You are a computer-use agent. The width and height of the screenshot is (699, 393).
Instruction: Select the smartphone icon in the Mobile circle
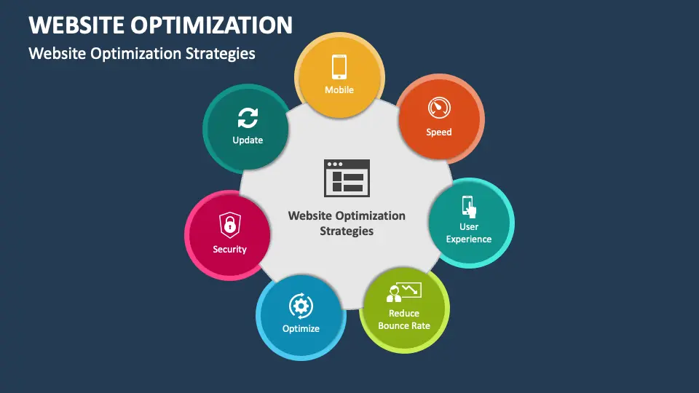pyautogui.click(x=339, y=66)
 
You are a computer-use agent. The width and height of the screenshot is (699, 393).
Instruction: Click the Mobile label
pyautogui.click(x=339, y=90)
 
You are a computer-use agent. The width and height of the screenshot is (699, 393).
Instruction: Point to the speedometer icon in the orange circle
pyautogui.click(x=439, y=108)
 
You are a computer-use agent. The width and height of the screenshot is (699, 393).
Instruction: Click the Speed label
pyautogui.click(x=439, y=132)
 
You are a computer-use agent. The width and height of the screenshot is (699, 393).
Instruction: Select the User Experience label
pyautogui.click(x=469, y=233)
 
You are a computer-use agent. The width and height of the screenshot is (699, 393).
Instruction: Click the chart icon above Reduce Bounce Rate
pyautogui.click(x=404, y=293)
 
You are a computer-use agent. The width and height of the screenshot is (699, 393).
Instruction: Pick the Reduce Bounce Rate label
pyautogui.click(x=404, y=319)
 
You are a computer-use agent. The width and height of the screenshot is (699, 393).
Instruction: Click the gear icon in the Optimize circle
pyautogui.click(x=301, y=305)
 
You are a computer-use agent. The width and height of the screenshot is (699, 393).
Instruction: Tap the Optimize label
pyautogui.click(x=301, y=328)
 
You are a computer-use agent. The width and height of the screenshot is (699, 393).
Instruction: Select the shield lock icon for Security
pyautogui.click(x=229, y=225)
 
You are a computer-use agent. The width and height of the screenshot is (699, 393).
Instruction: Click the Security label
pyautogui.click(x=229, y=249)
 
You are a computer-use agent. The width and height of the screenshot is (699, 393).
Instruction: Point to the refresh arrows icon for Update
pyautogui.click(x=248, y=117)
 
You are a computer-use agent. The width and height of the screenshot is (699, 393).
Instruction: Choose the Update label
pyautogui.click(x=248, y=140)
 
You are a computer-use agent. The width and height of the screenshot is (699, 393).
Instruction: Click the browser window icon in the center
pyautogui.click(x=347, y=177)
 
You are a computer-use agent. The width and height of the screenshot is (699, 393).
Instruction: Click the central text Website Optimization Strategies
pyautogui.click(x=347, y=223)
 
